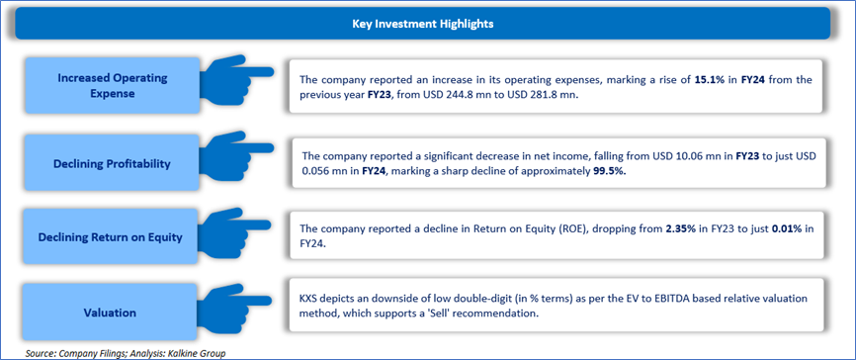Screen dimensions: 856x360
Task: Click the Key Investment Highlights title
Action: tap(422, 24)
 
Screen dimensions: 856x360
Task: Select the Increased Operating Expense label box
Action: tap(113, 86)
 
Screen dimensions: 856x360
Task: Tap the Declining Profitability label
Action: tap(113, 163)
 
